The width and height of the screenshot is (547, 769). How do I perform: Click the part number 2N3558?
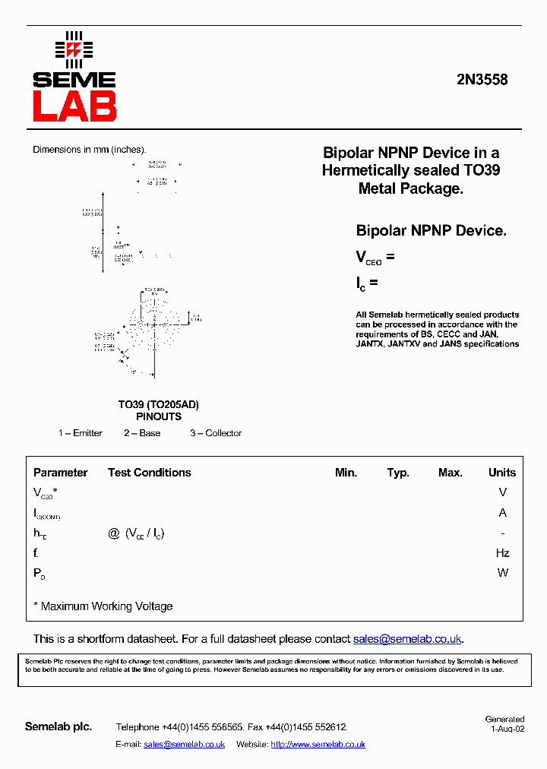(482, 80)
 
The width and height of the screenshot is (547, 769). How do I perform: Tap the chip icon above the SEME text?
(74, 49)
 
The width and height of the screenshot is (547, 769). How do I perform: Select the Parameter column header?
(61, 473)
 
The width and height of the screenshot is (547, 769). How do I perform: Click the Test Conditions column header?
(150, 473)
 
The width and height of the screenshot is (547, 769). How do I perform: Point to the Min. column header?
(346, 473)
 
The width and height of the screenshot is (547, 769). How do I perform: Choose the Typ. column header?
(398, 473)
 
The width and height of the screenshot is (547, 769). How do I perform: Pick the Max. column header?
(451, 473)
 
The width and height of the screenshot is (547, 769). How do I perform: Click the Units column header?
(502, 473)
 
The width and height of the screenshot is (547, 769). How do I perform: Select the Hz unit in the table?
(502, 553)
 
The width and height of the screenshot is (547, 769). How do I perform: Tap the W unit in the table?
(502, 573)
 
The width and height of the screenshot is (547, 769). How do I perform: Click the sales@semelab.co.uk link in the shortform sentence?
(408, 639)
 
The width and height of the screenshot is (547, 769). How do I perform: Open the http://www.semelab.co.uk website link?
(318, 745)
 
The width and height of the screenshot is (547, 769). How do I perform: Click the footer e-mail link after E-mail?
(184, 745)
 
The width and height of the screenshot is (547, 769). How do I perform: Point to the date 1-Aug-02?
(507, 728)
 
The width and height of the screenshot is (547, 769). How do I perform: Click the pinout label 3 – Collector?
(216, 433)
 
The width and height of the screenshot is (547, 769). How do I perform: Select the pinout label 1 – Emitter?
(81, 433)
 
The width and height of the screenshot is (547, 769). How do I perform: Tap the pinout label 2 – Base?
(142, 433)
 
